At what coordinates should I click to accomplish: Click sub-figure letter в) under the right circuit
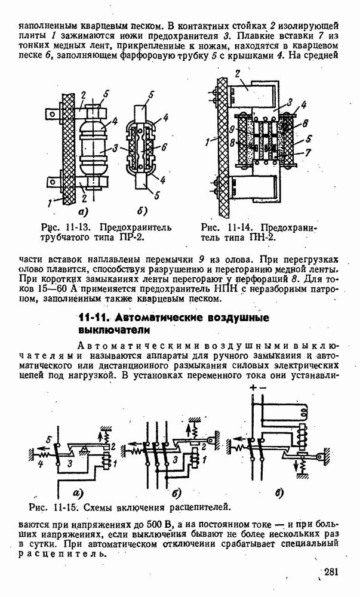279,493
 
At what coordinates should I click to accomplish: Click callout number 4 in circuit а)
40,463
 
